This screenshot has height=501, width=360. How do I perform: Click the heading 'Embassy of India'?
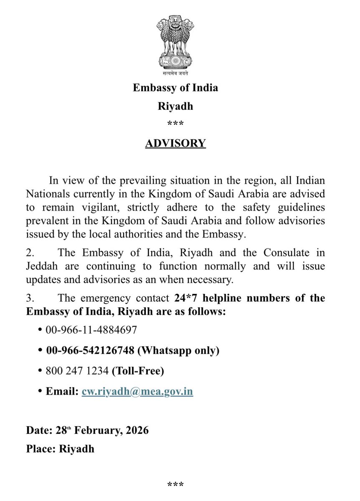pos(175,88)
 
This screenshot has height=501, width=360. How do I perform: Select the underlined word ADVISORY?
pos(175,143)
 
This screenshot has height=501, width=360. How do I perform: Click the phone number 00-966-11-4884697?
pos(91,330)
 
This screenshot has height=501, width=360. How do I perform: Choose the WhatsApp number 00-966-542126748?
pos(90,351)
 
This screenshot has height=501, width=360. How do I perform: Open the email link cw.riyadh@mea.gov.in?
pos(137,392)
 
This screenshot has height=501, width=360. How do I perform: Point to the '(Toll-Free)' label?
pos(137,371)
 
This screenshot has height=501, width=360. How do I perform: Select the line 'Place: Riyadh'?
pos(60,449)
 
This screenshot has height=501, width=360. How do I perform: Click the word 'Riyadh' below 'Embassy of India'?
pos(175,106)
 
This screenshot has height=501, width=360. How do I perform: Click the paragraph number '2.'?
pos(30,253)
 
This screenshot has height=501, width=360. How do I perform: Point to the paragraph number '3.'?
pos(30,298)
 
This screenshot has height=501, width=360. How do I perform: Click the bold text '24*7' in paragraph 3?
pos(185,298)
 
